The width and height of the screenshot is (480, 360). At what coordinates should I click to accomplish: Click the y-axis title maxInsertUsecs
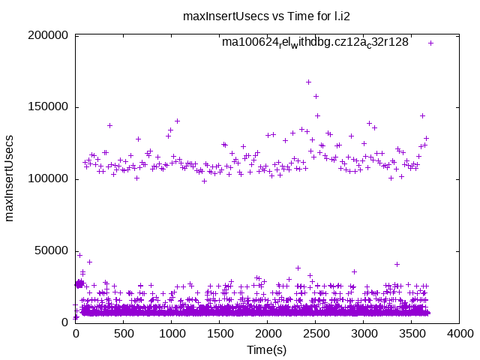[10, 178]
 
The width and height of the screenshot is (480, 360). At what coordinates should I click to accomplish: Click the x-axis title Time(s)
[267, 349]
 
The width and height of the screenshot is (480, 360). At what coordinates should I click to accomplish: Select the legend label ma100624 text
[315, 43]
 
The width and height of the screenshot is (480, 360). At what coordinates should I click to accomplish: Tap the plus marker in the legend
[430, 43]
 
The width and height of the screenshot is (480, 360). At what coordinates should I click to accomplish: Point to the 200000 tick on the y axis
[49, 35]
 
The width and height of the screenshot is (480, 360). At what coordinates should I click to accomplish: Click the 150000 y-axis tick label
[49, 107]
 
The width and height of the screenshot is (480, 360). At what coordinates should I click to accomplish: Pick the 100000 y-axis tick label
[49, 178]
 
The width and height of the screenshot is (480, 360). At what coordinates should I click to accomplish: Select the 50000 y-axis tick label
[52, 250]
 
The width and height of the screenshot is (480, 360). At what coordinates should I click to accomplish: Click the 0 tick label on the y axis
[65, 322]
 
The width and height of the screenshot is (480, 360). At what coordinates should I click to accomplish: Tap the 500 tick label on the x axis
[124, 334]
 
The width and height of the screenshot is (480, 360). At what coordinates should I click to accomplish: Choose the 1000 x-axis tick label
[172, 334]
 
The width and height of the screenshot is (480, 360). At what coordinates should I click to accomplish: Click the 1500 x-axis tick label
[220, 334]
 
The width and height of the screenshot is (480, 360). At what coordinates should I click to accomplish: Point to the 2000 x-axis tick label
[268, 334]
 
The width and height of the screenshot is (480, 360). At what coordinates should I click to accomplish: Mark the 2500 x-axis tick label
[316, 334]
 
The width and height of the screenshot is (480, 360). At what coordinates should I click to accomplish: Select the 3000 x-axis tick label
[364, 334]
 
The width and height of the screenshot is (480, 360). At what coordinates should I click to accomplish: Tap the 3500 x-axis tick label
[412, 334]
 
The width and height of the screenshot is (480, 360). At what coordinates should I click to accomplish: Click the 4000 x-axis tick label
[460, 334]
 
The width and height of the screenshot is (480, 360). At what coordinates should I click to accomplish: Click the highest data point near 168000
[308, 82]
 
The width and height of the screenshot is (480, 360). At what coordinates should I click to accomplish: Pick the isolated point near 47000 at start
[79, 255]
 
